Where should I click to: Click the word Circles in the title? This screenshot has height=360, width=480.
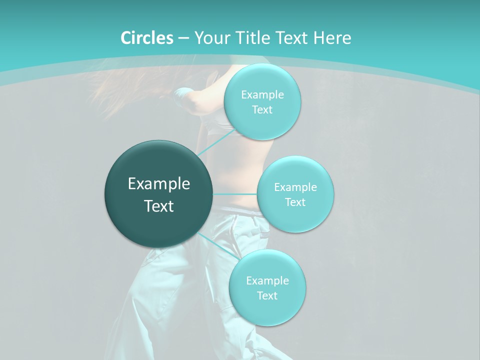(x=146, y=38)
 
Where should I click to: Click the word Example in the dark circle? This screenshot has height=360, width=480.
(x=159, y=184)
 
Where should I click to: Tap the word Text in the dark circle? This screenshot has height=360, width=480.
(x=159, y=206)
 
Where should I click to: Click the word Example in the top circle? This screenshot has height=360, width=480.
(x=262, y=95)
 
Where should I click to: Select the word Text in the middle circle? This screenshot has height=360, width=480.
(x=295, y=202)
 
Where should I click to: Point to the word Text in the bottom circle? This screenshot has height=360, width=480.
(x=267, y=296)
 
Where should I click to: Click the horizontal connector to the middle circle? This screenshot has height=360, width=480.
(x=235, y=193)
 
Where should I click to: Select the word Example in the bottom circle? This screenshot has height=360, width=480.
(x=267, y=280)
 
